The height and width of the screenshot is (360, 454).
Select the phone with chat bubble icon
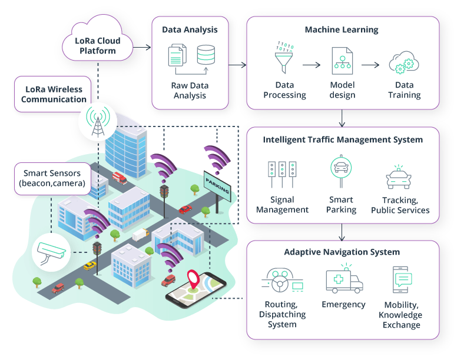click(402, 279)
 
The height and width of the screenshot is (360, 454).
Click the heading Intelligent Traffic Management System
click(343, 140)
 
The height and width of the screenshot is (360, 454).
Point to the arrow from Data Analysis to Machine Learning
click(237, 65)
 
